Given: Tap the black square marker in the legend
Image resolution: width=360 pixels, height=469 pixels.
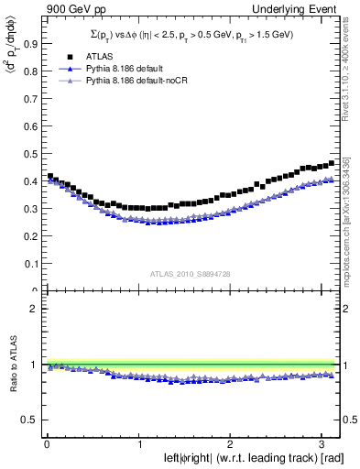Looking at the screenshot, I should (65, 56).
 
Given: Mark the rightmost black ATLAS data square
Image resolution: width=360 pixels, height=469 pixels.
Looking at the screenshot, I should (332, 163).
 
